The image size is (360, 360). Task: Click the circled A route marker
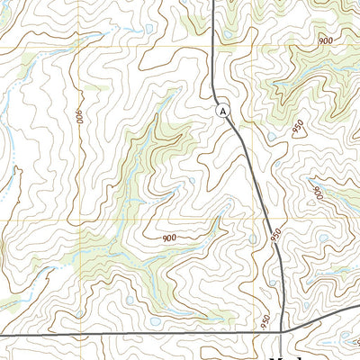click(224, 110)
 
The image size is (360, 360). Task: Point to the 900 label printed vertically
click(79, 116)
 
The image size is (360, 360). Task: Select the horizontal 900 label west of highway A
click(168, 238)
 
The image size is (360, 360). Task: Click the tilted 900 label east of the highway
click(317, 192)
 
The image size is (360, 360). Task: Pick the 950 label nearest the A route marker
click(298, 128)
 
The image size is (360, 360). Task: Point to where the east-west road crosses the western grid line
click(76, 334)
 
